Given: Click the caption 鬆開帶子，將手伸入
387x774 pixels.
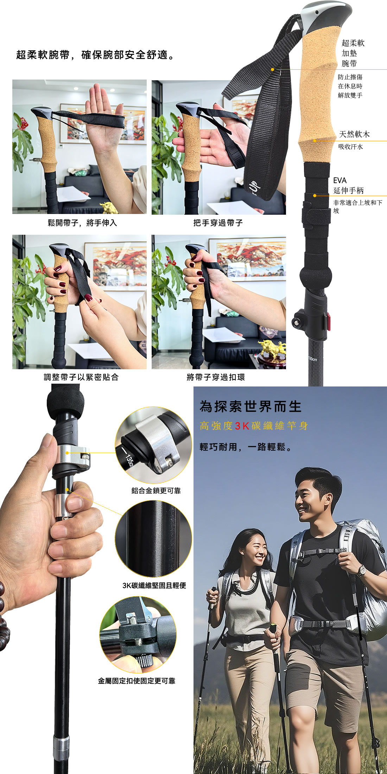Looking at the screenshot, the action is [82, 223].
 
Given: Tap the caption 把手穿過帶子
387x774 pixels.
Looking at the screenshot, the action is [218, 223].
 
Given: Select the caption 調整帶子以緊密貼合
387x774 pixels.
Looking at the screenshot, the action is [81, 377].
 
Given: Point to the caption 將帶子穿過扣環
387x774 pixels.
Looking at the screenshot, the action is [216, 377].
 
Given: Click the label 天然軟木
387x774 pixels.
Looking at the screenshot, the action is [354, 134].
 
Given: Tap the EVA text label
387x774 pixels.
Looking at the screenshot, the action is [340, 181].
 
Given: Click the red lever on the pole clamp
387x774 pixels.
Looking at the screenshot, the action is [329, 322].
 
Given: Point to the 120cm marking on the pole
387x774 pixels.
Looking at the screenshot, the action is [312, 359].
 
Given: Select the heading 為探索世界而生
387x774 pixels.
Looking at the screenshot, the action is [250, 407].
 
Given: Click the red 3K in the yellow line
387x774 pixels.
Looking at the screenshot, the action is [242, 426].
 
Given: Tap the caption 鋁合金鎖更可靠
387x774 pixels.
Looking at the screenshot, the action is [156, 491].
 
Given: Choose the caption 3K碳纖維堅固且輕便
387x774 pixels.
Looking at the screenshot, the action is [154, 585].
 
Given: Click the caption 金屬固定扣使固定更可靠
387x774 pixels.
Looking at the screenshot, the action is [137, 681].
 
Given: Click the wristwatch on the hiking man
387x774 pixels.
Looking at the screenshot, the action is [361, 571].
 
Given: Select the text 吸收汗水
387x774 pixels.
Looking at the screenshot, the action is [350, 147].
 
